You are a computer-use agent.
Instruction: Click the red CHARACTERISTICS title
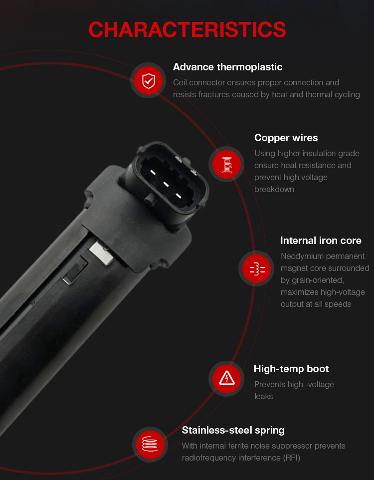pos(187,30)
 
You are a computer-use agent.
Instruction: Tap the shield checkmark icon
pos(149,80)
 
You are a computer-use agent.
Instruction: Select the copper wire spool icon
pos(226,164)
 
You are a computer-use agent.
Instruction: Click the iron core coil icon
pos(257,268)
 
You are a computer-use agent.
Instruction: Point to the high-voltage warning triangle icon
pos(226,379)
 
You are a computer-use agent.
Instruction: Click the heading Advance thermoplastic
pos(228,67)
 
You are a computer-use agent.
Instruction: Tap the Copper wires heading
pos(286,138)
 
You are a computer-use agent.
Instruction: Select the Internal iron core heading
pos(321,240)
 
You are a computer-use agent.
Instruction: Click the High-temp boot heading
pos(291,369)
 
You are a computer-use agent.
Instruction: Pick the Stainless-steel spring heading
pos(233,430)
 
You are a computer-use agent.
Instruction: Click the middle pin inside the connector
pos(166,184)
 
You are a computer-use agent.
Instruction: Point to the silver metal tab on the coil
pos(101,253)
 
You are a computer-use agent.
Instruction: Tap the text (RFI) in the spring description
pos(291,458)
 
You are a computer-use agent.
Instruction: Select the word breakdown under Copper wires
pos(274,190)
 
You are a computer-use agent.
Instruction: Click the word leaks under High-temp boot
pos(264,397)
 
